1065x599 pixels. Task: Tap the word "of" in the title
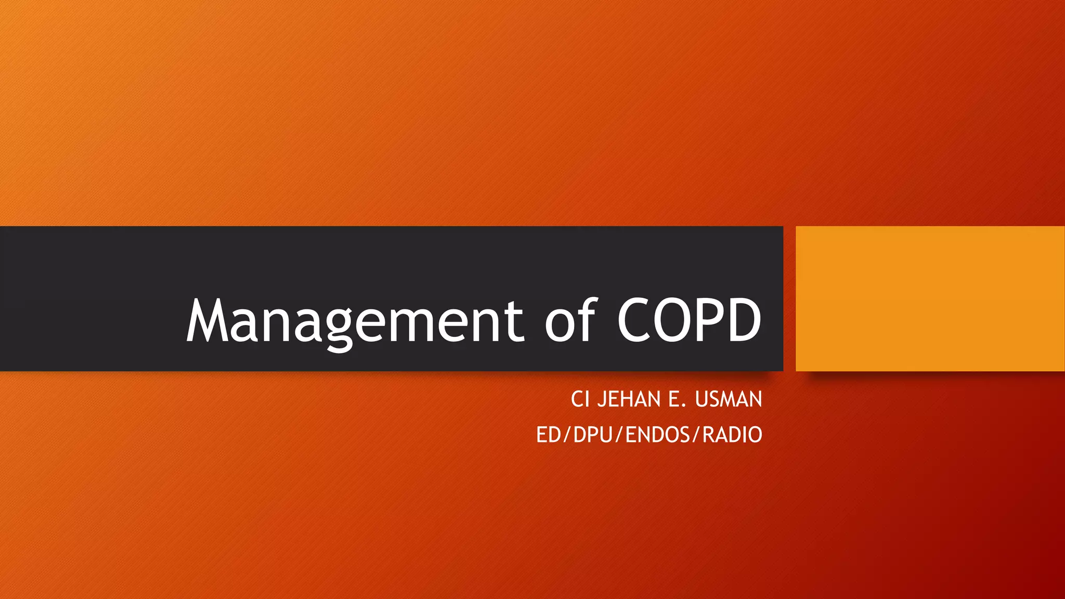pos(570,320)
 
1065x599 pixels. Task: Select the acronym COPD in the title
pos(690,320)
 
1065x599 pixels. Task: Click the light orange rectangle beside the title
pos(930,298)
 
